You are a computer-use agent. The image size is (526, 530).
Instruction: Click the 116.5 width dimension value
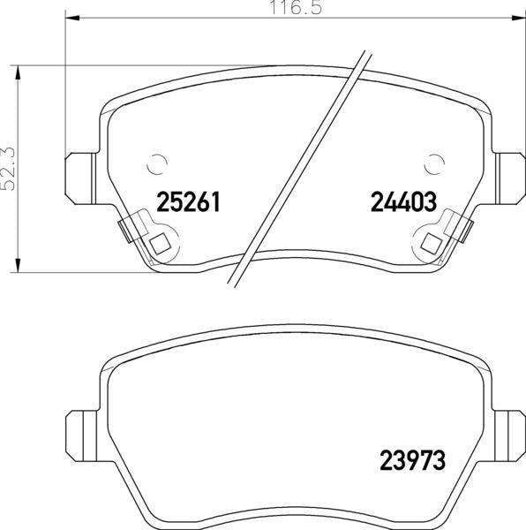[x=296, y=7]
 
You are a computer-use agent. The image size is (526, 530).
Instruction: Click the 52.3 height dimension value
[x=8, y=169]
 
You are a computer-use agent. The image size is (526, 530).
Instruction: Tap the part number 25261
[x=188, y=201]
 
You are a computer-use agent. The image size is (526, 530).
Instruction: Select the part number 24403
[x=404, y=201]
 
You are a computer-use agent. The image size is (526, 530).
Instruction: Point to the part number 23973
[x=413, y=460]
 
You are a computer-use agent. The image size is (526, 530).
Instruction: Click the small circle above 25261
[x=157, y=164]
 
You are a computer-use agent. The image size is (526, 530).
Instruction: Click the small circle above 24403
[x=434, y=164]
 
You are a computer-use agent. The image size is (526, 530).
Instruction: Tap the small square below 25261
[x=160, y=244]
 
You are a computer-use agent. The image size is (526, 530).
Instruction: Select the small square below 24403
[x=432, y=244]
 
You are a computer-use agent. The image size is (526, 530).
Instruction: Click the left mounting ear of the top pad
[x=80, y=178]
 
